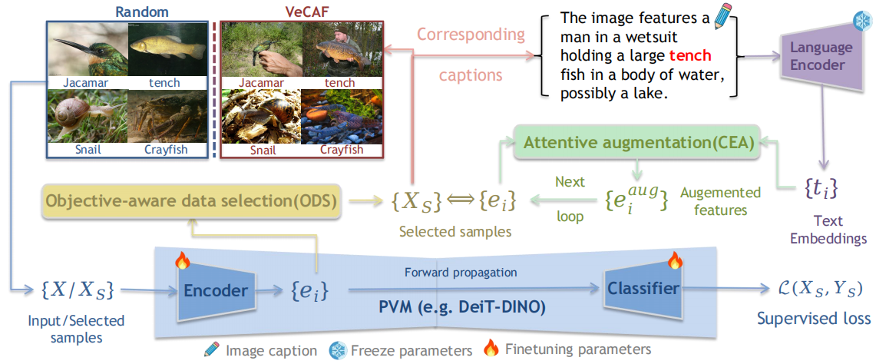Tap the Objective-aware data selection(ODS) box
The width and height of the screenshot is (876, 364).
(x=192, y=202)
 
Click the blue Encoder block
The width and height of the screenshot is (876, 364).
(x=215, y=290)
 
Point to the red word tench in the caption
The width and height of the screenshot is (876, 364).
(x=690, y=55)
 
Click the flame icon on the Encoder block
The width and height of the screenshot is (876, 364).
(x=182, y=261)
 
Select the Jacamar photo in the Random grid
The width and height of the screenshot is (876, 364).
(x=85, y=49)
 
